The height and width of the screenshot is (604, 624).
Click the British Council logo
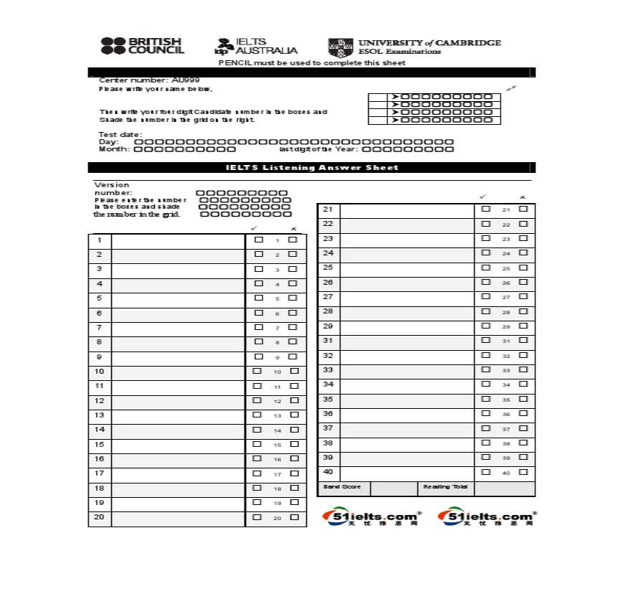point(143,46)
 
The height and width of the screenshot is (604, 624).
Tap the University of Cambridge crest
point(341,47)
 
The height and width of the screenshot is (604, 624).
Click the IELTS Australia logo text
point(257,47)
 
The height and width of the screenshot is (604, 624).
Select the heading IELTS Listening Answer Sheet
point(312,167)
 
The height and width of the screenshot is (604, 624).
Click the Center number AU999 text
point(149,80)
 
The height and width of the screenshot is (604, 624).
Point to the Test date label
point(120,134)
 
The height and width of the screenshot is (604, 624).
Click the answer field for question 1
point(178,240)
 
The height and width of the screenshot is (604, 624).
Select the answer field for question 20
point(178,517)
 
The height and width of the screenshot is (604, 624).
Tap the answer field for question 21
point(407,209)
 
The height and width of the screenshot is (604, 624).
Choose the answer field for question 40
point(407,473)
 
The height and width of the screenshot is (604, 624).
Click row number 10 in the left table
point(100,372)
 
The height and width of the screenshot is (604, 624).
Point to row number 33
point(328,370)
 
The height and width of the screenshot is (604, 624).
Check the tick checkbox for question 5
point(259,298)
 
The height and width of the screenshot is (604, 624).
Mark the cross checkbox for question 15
point(294,444)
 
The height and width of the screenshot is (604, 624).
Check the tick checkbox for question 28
point(486,311)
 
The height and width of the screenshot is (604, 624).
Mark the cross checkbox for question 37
point(523,428)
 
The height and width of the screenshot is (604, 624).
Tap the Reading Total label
point(445,487)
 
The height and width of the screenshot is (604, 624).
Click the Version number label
point(113,189)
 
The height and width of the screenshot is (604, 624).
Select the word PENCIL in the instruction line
point(235,62)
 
